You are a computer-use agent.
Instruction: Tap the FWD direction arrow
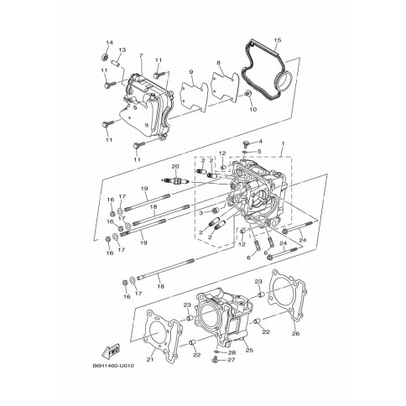(x=111, y=351)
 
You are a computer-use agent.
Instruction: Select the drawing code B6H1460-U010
(x=112, y=366)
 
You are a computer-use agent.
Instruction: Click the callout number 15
(x=277, y=40)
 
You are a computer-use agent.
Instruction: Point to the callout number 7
(x=140, y=56)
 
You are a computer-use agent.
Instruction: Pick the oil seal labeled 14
(x=105, y=57)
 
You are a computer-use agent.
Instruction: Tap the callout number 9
(x=191, y=72)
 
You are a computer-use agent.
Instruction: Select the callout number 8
(x=218, y=63)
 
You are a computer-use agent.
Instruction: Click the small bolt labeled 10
(x=247, y=94)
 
